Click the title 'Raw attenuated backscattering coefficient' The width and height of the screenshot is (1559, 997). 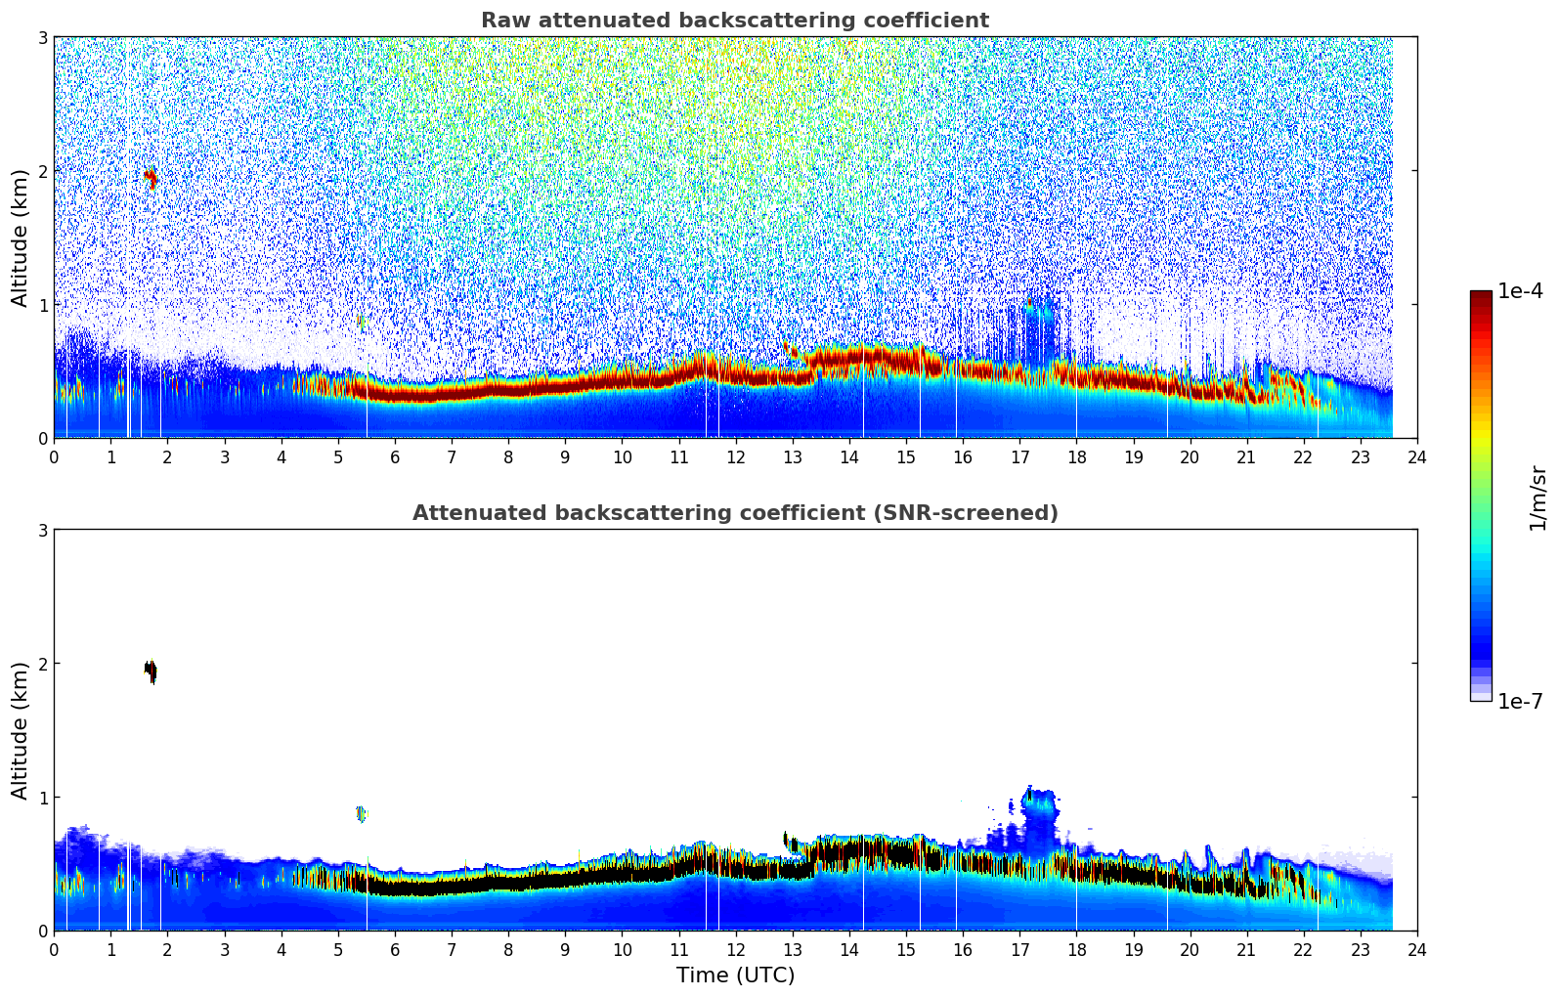pos(734,21)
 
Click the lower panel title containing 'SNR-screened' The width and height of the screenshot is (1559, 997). pos(734,513)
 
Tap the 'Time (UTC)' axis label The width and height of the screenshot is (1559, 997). pos(735,975)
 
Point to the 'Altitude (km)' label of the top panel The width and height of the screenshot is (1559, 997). pos(21,238)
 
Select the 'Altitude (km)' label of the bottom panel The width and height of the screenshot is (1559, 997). pos(21,730)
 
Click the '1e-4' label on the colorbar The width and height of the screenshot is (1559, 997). pos(1520,291)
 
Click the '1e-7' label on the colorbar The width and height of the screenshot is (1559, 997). pos(1520,701)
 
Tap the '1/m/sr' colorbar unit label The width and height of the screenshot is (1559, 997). pos(1537,498)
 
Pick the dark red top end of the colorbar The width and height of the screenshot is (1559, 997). pos(1480,295)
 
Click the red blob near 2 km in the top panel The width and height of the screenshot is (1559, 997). pos(150,177)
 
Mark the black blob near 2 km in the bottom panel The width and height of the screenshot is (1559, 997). pos(150,671)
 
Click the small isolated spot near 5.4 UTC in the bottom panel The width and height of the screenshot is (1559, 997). pos(361,813)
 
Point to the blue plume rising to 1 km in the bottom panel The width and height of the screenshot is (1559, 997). pos(1039,811)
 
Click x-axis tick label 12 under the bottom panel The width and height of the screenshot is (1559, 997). pos(735,949)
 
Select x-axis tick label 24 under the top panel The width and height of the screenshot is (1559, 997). pos(1416,456)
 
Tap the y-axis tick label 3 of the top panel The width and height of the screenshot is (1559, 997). pos(42,37)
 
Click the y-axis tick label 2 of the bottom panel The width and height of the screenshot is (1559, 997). pos(42,664)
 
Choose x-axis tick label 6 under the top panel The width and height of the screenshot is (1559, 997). pos(395,456)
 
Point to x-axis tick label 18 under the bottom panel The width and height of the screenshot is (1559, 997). pos(1076,949)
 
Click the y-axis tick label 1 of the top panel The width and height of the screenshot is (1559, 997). pos(42,305)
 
